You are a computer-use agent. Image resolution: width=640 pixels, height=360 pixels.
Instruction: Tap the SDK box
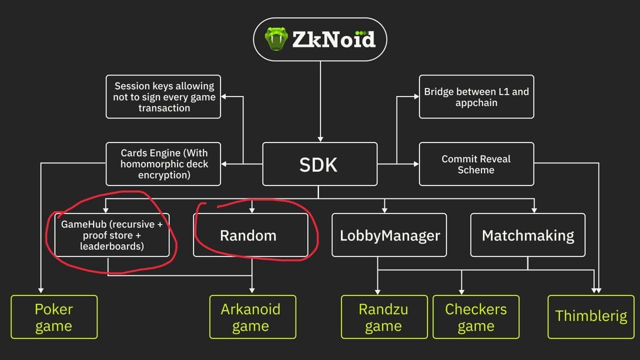(319, 164)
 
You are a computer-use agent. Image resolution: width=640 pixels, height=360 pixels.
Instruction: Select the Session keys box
(163, 96)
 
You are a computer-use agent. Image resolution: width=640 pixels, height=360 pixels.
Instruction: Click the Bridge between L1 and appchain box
(476, 96)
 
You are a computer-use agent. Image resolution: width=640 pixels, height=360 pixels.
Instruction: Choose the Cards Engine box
(163, 164)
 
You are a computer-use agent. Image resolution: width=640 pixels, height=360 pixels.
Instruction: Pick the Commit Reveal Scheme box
(476, 164)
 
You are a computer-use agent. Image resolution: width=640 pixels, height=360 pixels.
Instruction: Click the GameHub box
(111, 235)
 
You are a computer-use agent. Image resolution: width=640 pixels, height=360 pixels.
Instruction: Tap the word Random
(248, 235)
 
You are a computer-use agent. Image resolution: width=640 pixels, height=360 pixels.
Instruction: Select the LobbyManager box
(389, 235)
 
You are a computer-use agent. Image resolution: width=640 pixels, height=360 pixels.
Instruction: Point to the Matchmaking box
(527, 235)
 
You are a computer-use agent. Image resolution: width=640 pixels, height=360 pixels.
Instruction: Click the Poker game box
(54, 317)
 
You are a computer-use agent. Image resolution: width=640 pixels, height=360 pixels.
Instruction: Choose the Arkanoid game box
(252, 317)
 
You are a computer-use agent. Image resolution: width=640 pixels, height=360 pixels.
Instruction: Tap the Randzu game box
(384, 317)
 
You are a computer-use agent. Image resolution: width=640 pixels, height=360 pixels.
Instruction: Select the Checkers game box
(476, 317)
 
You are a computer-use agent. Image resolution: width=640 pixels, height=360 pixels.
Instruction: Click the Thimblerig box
(591, 317)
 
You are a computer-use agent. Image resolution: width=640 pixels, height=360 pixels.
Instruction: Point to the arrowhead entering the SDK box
(320, 139)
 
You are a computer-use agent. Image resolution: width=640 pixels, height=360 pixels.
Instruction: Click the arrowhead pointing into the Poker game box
(41, 290)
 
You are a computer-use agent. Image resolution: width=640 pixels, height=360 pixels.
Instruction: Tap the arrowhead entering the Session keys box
(223, 96)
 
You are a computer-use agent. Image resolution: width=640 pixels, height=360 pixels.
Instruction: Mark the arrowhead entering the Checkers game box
(461, 292)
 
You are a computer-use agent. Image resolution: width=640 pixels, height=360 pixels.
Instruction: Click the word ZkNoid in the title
(333, 39)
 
